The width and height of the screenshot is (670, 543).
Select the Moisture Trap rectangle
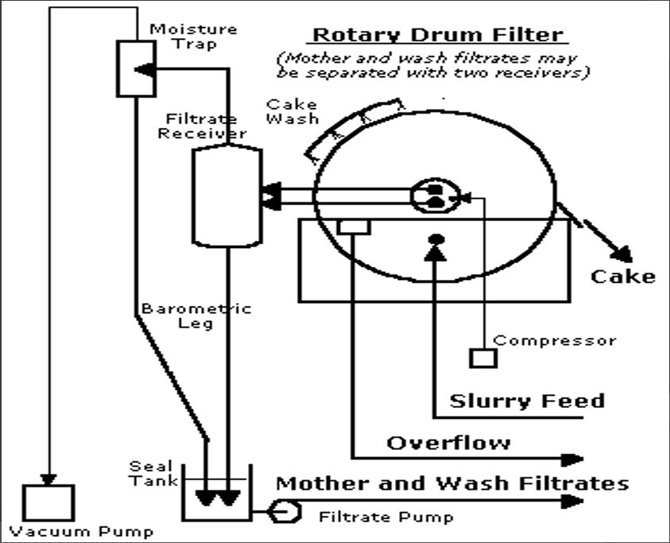136,67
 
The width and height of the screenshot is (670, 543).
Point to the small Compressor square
482,357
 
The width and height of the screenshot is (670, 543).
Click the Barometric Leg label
196,316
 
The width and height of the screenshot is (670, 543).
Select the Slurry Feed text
527,400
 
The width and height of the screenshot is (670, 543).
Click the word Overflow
448,442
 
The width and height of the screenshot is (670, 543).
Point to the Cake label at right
623,276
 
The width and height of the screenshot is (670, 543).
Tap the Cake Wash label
292,111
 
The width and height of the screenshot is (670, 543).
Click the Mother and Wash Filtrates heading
451,483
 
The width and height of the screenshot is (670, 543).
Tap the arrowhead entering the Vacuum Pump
48,479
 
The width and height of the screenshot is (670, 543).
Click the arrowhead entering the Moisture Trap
144,69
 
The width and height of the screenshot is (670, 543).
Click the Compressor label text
555,340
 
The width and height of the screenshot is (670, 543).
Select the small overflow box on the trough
353,227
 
